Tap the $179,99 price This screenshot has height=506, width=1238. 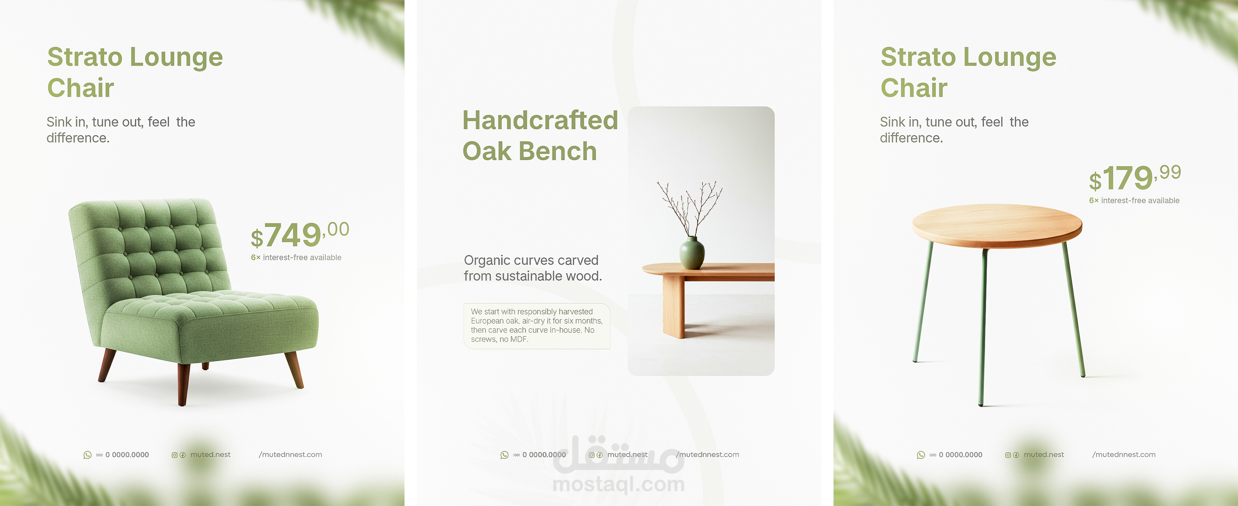point(1135,178)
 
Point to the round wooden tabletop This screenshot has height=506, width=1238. point(997,225)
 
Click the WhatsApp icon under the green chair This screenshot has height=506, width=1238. point(88,455)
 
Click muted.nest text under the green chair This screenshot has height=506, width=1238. point(210,455)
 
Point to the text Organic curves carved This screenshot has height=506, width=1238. point(531,260)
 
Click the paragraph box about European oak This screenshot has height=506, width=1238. point(537,326)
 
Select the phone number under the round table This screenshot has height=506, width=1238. point(960,455)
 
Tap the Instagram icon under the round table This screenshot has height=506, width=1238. point(1008,455)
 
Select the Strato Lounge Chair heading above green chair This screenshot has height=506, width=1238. point(135,72)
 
